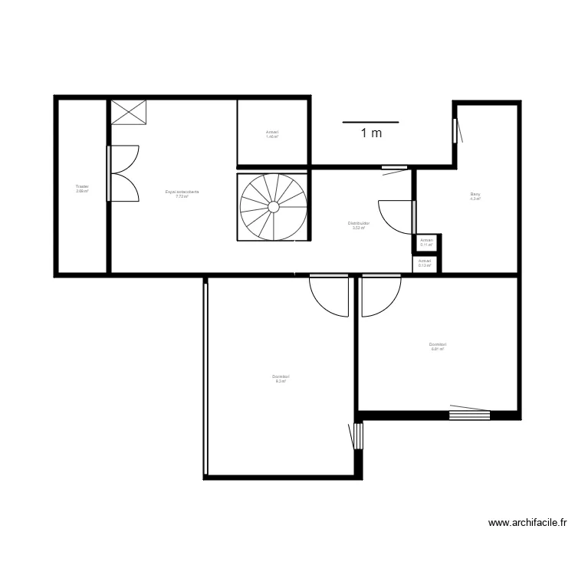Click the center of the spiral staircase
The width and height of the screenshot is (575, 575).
pyautogui.click(x=272, y=206)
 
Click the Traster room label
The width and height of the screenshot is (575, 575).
pyautogui.click(x=82, y=188)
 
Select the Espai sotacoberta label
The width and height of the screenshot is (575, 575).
pyautogui.click(x=182, y=193)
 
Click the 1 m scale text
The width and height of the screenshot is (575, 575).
pyautogui.click(x=371, y=133)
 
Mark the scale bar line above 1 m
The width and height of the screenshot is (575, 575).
pyautogui.click(x=371, y=121)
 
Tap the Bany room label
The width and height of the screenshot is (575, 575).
pyautogui.click(x=475, y=196)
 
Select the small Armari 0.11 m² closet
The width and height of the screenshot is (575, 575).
pyautogui.click(x=426, y=242)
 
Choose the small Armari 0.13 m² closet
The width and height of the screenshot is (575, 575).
pyautogui.click(x=425, y=263)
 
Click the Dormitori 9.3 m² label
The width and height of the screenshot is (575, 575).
pyautogui.click(x=281, y=378)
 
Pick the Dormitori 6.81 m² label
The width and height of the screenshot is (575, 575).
pyautogui.click(x=438, y=347)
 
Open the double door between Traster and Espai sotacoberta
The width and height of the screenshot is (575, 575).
pyautogui.click(x=123, y=172)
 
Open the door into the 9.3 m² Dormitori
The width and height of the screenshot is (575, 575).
pyautogui.click(x=330, y=295)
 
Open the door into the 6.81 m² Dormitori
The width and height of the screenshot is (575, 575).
pyautogui.click(x=381, y=295)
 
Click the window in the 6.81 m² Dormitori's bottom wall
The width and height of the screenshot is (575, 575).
pyautogui.click(x=468, y=415)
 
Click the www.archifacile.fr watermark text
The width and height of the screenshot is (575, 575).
pyautogui.click(x=527, y=523)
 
